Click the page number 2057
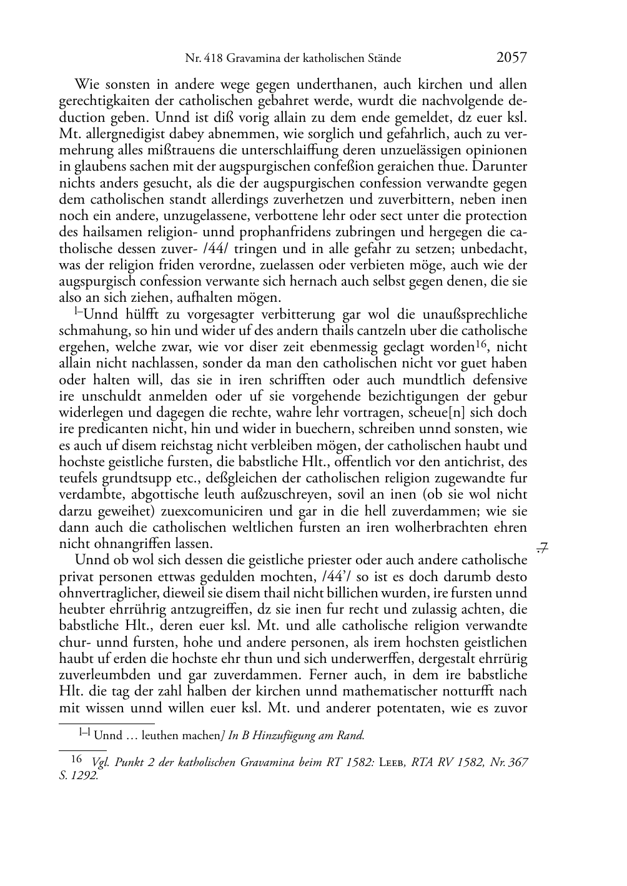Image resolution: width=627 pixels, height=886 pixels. click(x=511, y=57)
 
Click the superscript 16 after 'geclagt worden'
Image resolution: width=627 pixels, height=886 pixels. click(x=481, y=344)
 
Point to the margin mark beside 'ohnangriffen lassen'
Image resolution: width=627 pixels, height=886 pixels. click(x=542, y=548)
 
